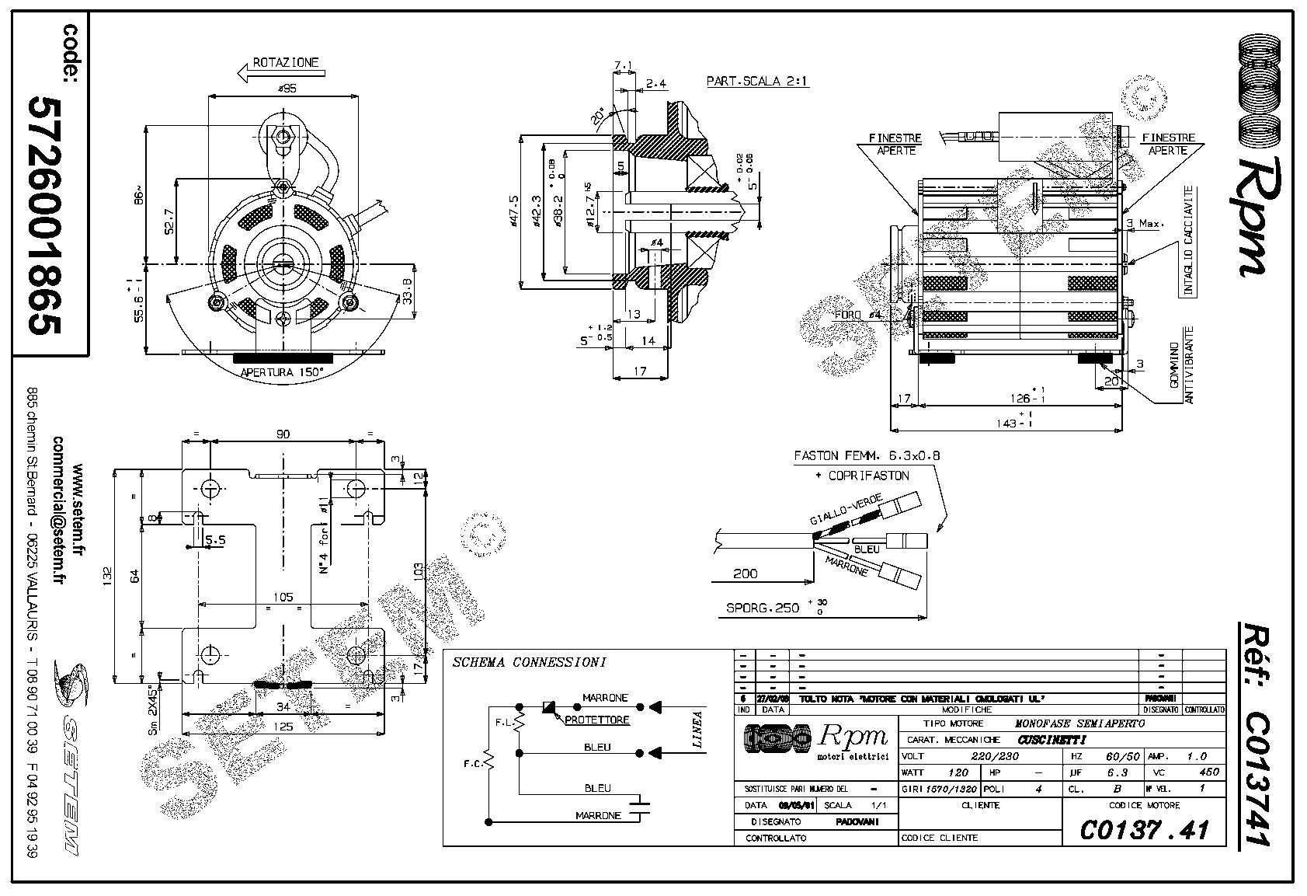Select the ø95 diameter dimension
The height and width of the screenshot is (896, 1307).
286,89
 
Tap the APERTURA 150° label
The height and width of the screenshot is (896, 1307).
283,372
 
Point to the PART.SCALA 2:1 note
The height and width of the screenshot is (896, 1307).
757,81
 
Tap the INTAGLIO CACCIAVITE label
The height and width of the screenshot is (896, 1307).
1187,242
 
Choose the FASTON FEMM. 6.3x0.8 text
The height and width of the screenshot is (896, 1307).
866,456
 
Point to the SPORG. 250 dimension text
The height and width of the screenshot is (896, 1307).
763,608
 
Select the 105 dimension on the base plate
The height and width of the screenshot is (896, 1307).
283,597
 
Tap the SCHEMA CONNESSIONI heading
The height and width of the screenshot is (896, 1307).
529,663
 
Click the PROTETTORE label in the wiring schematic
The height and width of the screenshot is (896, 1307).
596,720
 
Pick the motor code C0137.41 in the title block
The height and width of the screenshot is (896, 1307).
1144,830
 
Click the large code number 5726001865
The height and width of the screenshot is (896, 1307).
44,215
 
